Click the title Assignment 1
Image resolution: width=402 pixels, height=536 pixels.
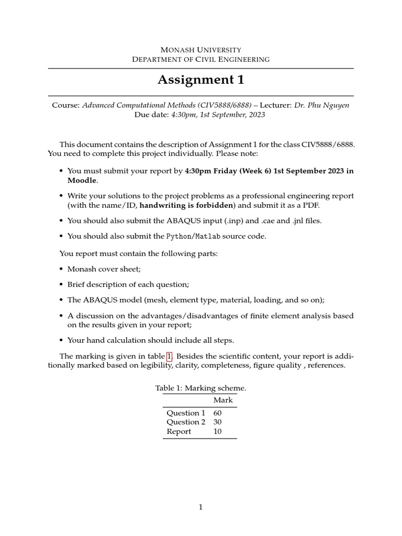200,80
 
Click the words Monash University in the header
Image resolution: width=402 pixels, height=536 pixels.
200,49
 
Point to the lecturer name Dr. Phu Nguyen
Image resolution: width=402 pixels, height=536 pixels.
321,105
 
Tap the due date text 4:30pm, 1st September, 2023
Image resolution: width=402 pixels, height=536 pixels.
218,115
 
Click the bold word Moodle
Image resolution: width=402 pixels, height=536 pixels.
82,180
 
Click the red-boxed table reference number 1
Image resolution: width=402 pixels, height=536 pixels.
169,356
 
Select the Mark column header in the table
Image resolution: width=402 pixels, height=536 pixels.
223,400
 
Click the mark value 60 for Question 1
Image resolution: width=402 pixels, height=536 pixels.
218,413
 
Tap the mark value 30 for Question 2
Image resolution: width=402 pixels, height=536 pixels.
218,422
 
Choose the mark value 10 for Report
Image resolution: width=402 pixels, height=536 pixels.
218,432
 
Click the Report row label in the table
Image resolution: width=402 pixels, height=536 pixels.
179,432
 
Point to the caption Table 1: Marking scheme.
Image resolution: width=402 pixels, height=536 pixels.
200,388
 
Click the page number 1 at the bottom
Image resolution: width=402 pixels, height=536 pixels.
200,507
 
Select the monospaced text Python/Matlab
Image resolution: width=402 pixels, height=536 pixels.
193,236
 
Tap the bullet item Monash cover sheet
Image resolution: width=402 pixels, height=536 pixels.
104,269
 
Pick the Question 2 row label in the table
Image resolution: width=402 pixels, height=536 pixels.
186,422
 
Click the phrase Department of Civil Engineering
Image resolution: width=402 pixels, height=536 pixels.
200,59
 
